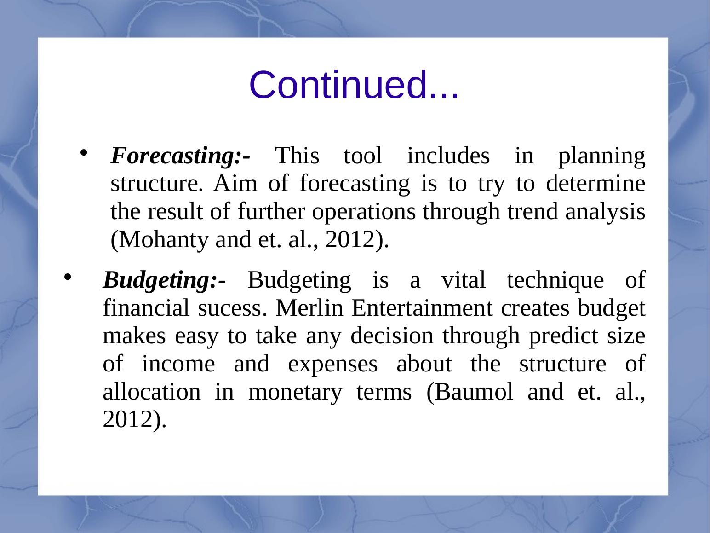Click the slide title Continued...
[354, 85]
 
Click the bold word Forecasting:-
[180, 156]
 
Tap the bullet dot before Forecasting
[84, 153]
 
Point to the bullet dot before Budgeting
[67, 277]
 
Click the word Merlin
[309, 308]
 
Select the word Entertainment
[422, 308]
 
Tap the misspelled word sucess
[233, 308]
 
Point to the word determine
[595, 184]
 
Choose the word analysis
[605, 212]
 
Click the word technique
[555, 280]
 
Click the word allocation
[152, 392]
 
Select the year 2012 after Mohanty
[350, 240]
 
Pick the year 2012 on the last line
[127, 420]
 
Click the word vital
[464, 280]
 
